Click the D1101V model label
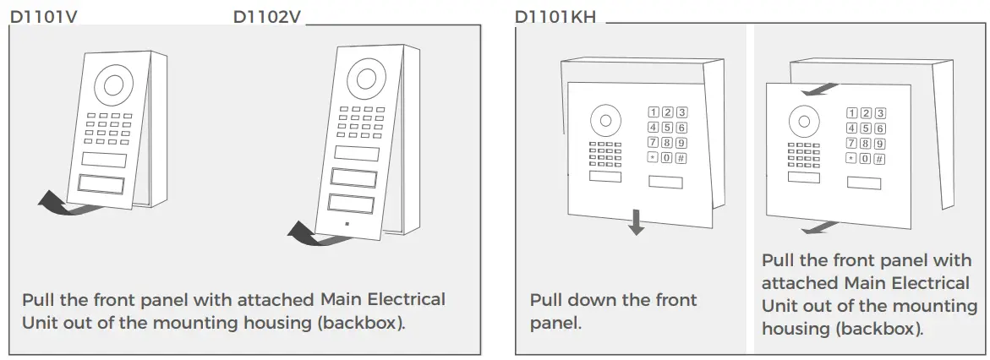coord(43,16)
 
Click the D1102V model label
coord(266,16)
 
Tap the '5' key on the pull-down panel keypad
coord(667,127)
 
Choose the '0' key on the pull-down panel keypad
coord(667,157)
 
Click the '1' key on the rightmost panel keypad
coord(852,113)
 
